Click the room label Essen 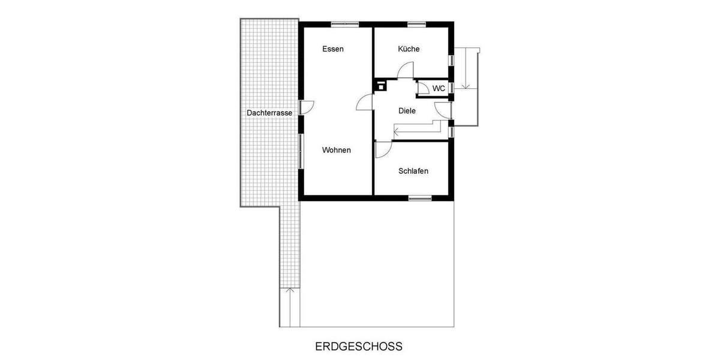(x=332, y=49)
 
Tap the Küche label (x=409, y=49)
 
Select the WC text (x=439, y=89)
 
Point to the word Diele (x=407, y=110)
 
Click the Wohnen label (x=336, y=150)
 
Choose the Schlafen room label (x=413, y=171)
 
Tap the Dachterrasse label (x=269, y=113)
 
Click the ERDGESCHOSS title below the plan (x=359, y=346)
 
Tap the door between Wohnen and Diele (x=365, y=103)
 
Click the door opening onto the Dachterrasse (x=307, y=107)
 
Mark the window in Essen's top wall (x=345, y=24)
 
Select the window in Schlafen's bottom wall (x=420, y=197)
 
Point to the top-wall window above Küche (x=416, y=24)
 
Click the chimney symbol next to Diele (x=380, y=85)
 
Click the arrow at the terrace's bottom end (x=290, y=292)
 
